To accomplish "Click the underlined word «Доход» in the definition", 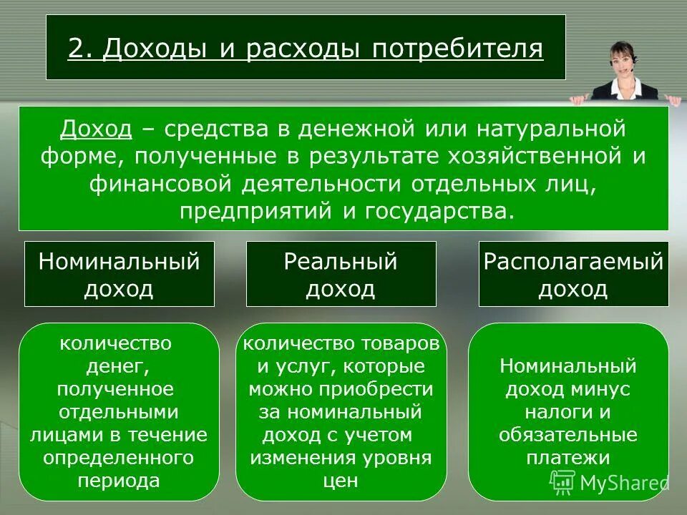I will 96,130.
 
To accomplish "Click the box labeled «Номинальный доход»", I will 120,275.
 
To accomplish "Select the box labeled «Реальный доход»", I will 341,275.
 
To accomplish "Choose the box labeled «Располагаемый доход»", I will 573,275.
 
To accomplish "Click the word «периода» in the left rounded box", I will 119,480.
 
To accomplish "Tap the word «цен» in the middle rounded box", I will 341,481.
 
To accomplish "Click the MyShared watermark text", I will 623,484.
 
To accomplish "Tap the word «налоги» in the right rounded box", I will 555,412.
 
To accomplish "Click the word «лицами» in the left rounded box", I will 60,435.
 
